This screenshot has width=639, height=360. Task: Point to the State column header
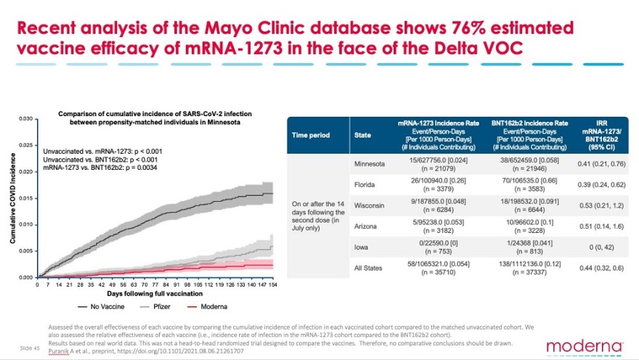(x=362, y=135)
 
